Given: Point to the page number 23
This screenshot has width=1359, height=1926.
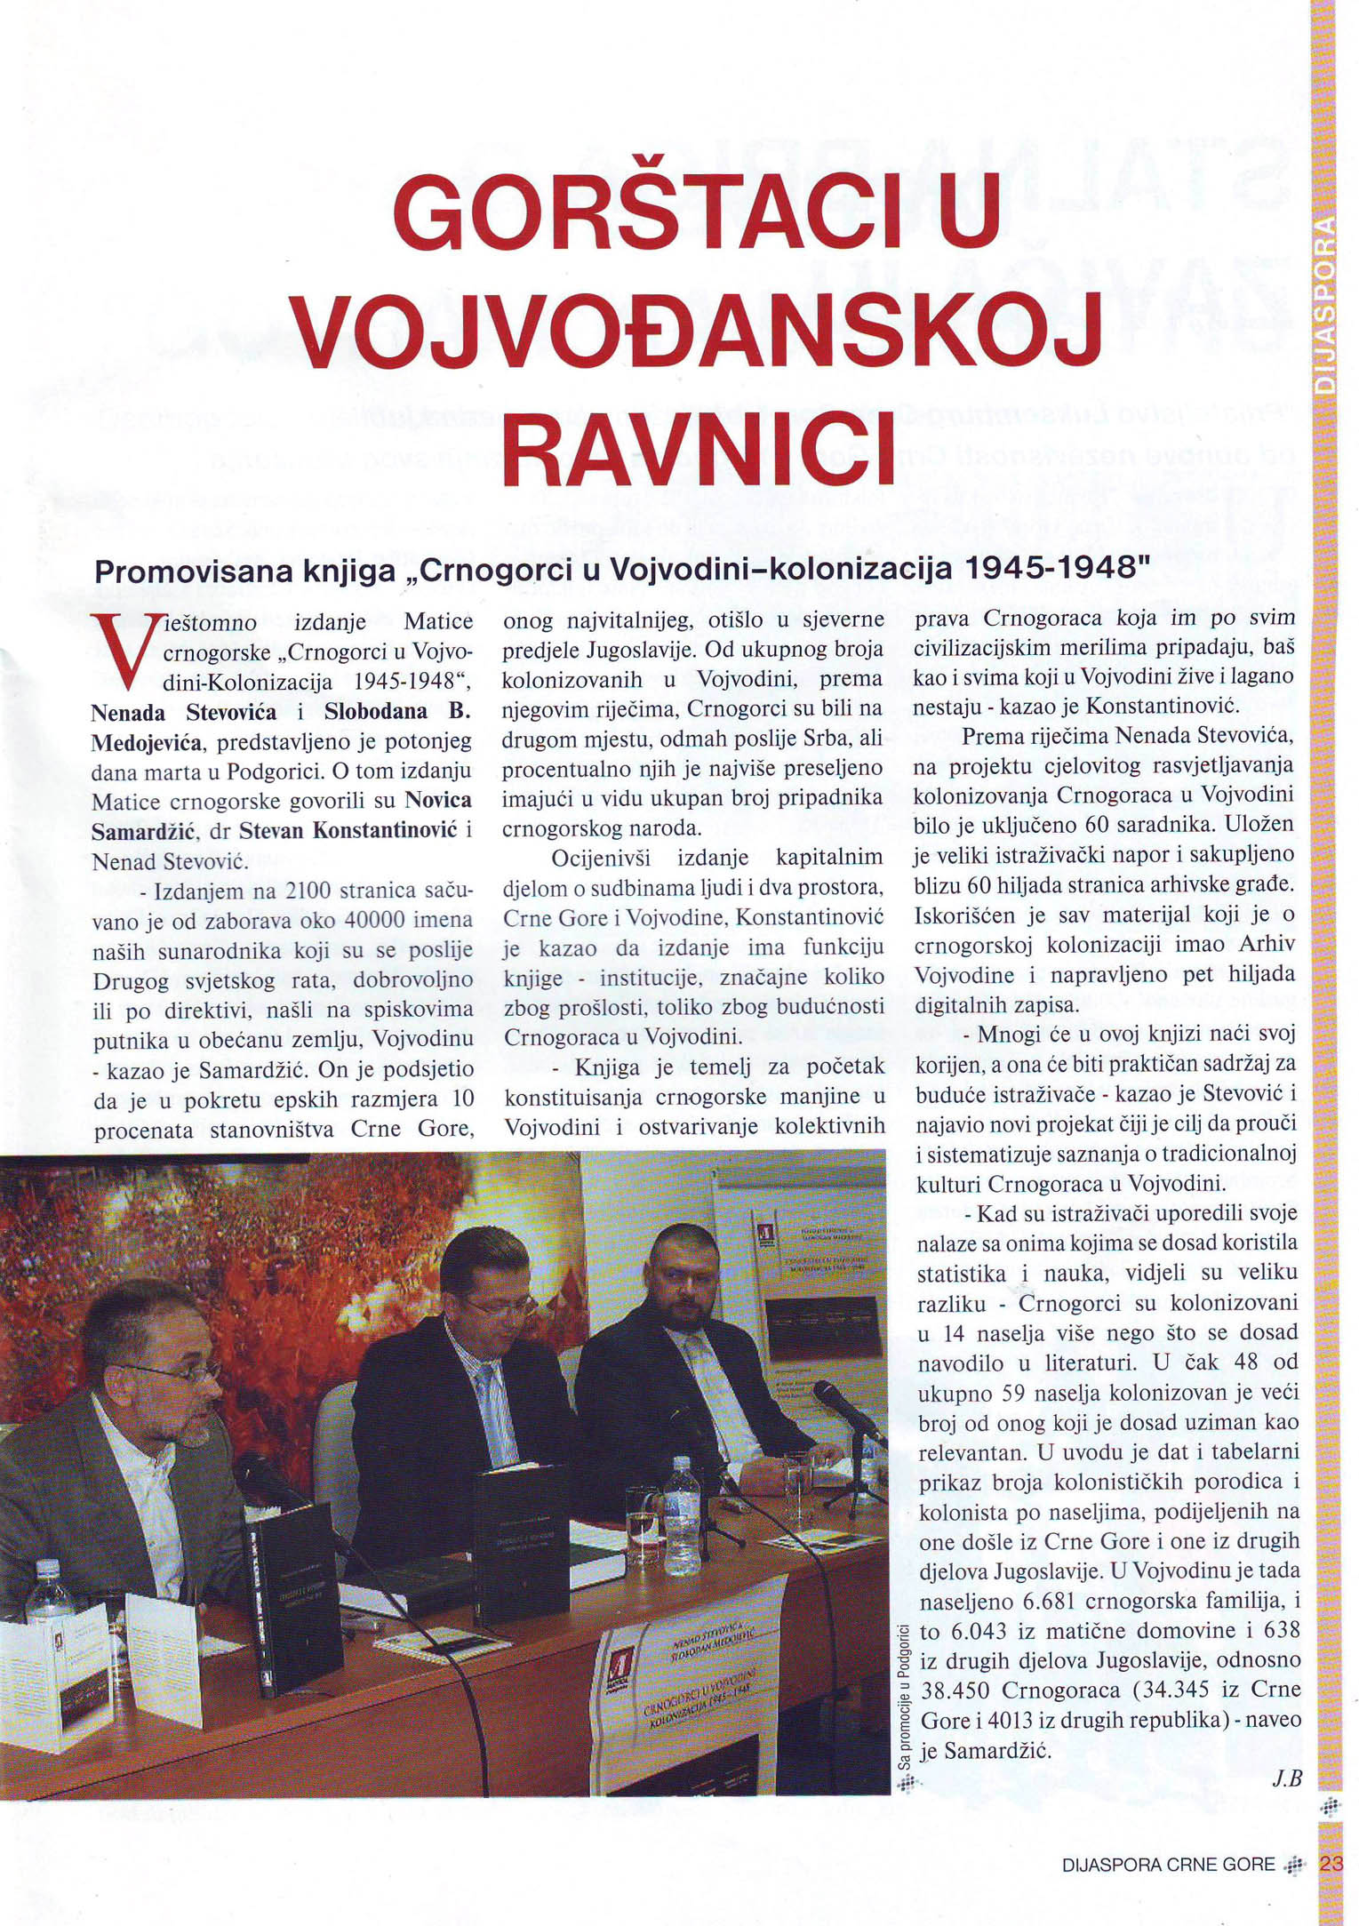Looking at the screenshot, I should [x=1331, y=1865].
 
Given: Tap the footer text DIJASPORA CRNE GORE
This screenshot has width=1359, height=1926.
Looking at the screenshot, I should [x=1168, y=1865].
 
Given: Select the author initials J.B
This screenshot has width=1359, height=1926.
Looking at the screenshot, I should [x=1286, y=1778].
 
